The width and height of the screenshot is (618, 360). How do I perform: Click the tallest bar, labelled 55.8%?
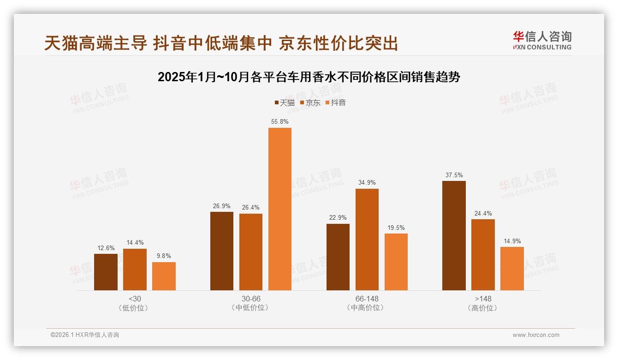(280, 209)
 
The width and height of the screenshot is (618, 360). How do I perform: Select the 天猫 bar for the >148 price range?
(454, 235)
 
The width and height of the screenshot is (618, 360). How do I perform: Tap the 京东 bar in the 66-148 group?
(367, 239)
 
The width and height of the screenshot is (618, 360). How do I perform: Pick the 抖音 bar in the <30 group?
(164, 276)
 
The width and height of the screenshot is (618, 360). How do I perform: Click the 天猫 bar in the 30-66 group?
(222, 251)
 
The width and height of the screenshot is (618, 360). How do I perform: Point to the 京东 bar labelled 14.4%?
(135, 269)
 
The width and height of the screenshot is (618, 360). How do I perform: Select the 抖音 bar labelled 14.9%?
(512, 268)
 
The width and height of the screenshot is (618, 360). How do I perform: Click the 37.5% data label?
(454, 175)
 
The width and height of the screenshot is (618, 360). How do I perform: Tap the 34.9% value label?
(367, 183)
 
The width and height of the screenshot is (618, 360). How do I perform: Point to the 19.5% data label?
(396, 228)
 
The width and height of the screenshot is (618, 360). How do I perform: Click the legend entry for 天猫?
(284, 102)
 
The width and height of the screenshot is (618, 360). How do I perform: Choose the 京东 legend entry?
(310, 102)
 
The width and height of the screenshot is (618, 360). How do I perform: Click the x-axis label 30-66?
(251, 299)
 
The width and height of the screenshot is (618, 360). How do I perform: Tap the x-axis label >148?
(482, 299)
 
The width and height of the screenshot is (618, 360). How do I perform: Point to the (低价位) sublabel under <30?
(135, 308)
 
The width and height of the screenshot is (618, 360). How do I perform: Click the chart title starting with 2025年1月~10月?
(309, 77)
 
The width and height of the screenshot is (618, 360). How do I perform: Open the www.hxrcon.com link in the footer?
(536, 335)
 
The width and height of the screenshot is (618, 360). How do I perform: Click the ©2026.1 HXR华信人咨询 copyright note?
(85, 335)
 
